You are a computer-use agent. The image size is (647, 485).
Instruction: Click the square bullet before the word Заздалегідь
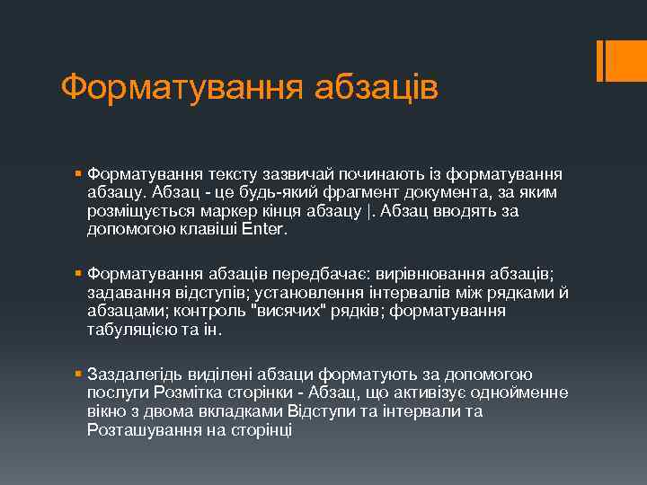(80, 375)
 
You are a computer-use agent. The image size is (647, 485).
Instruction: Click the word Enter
(265, 229)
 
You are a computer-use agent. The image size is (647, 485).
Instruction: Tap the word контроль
(219, 311)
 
